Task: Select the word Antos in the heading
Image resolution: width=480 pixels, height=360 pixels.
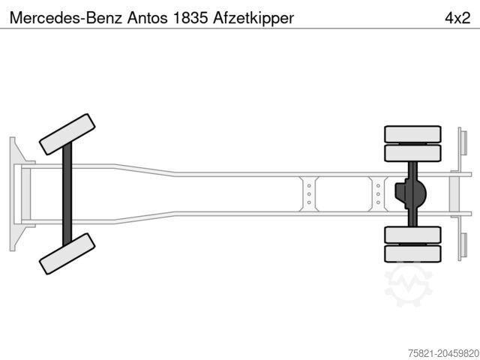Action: [x=148, y=18]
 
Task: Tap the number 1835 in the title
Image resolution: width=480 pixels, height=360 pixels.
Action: [x=190, y=18]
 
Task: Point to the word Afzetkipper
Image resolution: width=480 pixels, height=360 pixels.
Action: [x=253, y=18]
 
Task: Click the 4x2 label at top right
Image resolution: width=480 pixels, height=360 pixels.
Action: [x=457, y=18]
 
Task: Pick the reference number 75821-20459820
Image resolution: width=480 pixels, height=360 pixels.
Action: [x=443, y=353]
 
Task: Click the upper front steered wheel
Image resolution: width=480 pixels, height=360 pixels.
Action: [x=67, y=134]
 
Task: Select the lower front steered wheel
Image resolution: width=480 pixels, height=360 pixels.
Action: [x=67, y=253]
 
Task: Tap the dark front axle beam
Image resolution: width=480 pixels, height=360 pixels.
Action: [x=67, y=194]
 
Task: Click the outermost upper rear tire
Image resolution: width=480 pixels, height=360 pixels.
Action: [x=412, y=134]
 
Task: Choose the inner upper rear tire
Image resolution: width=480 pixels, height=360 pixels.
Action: [x=412, y=153]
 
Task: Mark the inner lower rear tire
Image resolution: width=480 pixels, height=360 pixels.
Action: [x=412, y=235]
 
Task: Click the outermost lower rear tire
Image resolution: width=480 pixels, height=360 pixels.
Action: [x=412, y=253]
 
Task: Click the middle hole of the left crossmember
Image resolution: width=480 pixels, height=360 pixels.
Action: [x=309, y=194]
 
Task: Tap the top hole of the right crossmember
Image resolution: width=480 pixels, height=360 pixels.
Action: [x=378, y=186]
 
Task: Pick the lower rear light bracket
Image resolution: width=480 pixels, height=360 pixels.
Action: [x=462, y=246]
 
